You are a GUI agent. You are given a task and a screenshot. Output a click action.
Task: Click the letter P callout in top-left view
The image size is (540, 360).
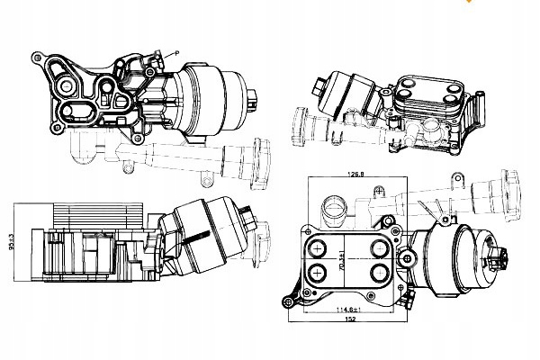[x=175, y=55]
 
